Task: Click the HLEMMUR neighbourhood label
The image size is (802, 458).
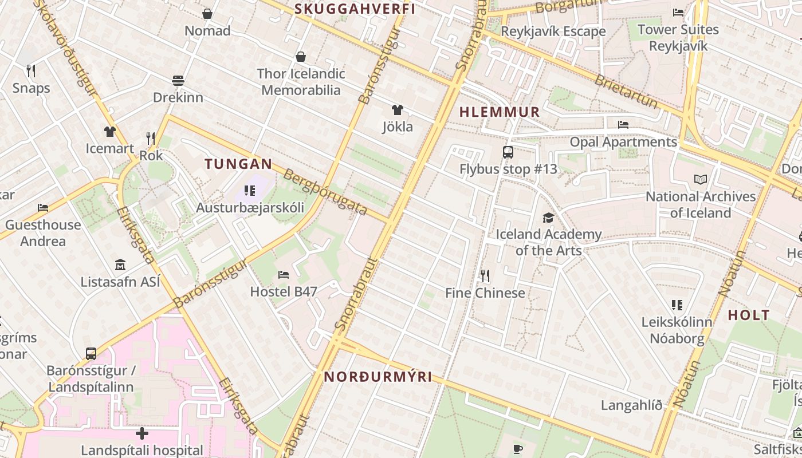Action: click(500, 112)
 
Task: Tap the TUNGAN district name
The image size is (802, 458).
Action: click(238, 164)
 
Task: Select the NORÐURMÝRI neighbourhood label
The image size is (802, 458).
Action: click(378, 377)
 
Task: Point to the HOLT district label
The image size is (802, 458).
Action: click(749, 315)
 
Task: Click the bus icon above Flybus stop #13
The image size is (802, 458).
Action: click(508, 152)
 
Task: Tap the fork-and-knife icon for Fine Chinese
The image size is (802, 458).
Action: click(485, 277)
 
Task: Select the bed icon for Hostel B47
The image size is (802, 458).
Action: click(283, 275)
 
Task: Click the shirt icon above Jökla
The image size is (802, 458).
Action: click(397, 110)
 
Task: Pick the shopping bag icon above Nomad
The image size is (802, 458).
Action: click(207, 14)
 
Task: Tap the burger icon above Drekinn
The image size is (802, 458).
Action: click(178, 81)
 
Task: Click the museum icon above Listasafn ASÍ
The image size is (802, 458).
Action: click(120, 265)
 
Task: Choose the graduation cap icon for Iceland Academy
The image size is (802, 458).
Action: click(548, 218)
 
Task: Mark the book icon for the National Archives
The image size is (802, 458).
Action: click(700, 180)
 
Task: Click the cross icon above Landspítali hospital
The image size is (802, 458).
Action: click(141, 433)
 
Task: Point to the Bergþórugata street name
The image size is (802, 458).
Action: click(325, 192)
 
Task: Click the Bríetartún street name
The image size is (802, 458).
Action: click(626, 90)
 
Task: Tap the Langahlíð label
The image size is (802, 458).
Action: click(631, 405)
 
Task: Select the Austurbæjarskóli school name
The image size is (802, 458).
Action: click(250, 207)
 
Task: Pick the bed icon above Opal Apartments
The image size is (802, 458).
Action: click(623, 125)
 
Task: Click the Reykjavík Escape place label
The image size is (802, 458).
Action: click(553, 31)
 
